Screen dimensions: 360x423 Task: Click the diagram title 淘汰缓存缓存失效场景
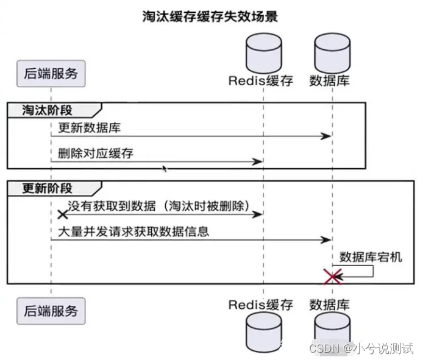(x=210, y=16)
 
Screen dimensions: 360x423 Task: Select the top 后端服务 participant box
(x=51, y=74)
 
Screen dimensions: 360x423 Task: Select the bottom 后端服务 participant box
(x=51, y=310)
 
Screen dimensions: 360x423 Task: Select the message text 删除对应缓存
(x=95, y=154)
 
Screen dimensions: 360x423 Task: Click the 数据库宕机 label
(x=371, y=256)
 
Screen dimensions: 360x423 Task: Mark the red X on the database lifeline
(x=332, y=277)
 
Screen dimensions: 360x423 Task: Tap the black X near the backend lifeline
(x=62, y=214)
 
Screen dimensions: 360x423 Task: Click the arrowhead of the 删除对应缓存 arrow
(x=258, y=161)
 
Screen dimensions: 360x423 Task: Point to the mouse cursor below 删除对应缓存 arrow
(x=163, y=167)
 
